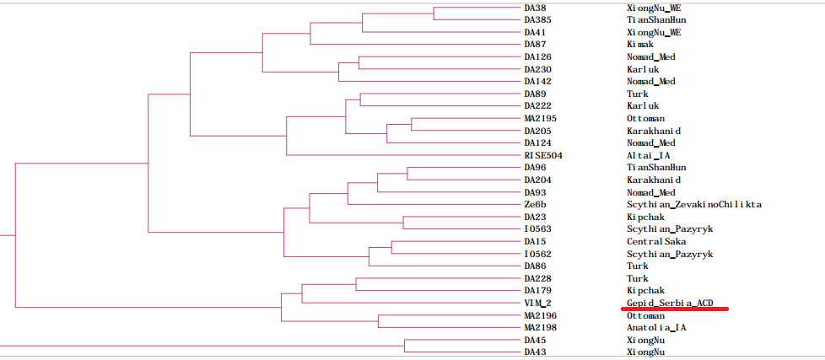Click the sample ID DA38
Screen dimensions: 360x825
point(535,8)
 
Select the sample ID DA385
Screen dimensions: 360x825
point(537,19)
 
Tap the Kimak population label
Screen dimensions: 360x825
point(640,45)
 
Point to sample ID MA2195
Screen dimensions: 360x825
point(540,119)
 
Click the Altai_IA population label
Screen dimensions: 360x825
point(649,156)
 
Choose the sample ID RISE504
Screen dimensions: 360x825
point(543,156)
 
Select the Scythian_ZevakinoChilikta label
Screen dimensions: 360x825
point(694,205)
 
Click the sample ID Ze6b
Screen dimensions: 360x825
point(536,205)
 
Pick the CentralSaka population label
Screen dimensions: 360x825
point(656,242)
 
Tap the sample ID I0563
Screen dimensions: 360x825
point(537,229)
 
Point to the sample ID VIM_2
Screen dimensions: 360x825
point(537,303)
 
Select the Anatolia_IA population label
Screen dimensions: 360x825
point(656,328)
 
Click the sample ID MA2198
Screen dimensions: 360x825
point(540,328)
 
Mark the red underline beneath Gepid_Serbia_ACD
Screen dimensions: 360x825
point(674,309)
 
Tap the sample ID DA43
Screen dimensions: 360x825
point(535,352)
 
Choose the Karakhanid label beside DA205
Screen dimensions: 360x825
point(653,132)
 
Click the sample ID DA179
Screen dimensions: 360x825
point(537,291)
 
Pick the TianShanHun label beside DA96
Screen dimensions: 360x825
point(656,168)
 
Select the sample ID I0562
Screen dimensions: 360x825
point(537,254)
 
